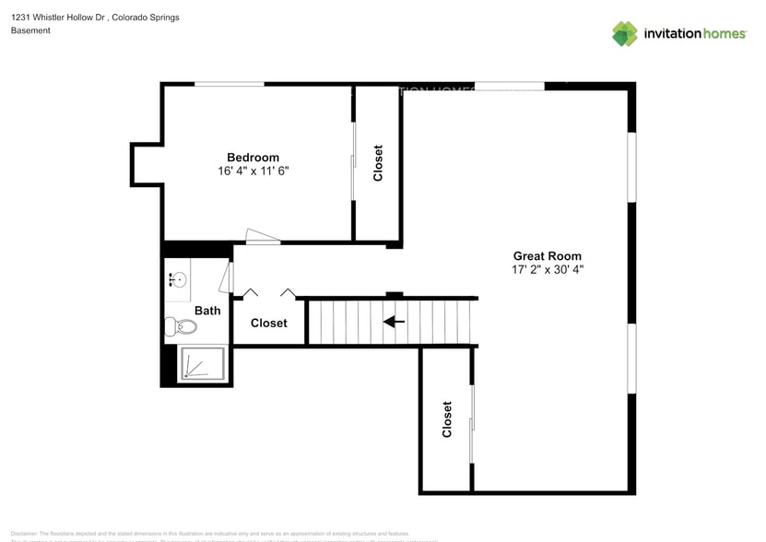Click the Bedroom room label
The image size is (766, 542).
pyautogui.click(x=253, y=157)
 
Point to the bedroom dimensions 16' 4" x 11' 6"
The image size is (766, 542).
pyautogui.click(x=253, y=171)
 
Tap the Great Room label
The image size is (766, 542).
pyautogui.click(x=547, y=255)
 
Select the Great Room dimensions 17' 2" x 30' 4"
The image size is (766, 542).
pyautogui.click(x=547, y=270)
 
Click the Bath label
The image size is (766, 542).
pyautogui.click(x=207, y=311)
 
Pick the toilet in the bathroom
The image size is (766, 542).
pyautogui.click(x=181, y=326)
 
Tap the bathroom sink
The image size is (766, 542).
pyautogui.click(x=178, y=279)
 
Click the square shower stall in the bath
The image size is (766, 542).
pyautogui.click(x=204, y=363)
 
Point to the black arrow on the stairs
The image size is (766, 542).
pyautogui.click(x=394, y=322)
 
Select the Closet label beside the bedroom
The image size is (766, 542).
pyautogui.click(x=378, y=163)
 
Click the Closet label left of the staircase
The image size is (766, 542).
pyautogui.click(x=268, y=323)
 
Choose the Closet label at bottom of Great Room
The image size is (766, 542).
pyautogui.click(x=447, y=418)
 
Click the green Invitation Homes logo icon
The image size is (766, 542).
pyautogui.click(x=625, y=33)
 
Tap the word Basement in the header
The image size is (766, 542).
pyautogui.click(x=30, y=30)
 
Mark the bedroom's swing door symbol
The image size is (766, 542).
pyautogui.click(x=262, y=237)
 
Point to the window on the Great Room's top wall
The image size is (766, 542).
pyautogui.click(x=509, y=87)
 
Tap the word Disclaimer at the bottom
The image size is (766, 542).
pyautogui.click(x=25, y=533)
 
